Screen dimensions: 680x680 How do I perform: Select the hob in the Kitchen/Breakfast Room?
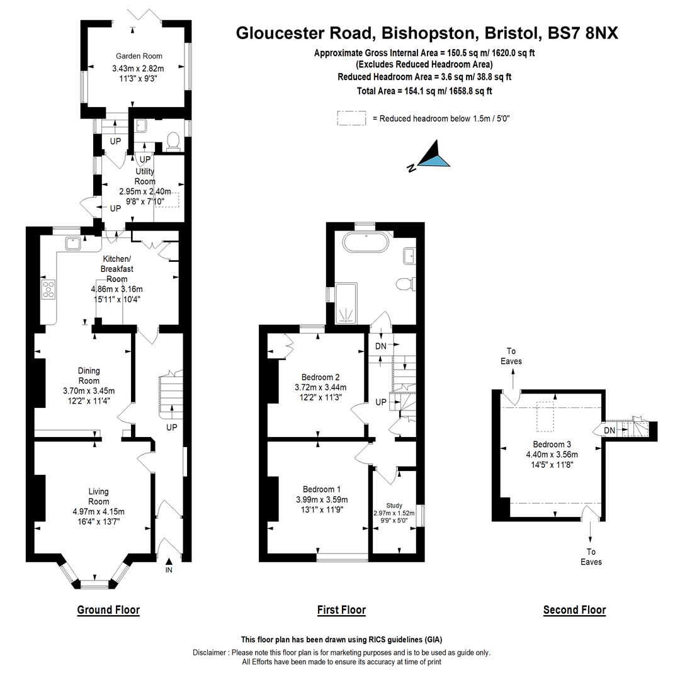pos(48,289)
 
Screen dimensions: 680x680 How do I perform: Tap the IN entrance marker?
pos(169,570)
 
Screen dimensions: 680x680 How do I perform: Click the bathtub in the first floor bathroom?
pos(366,242)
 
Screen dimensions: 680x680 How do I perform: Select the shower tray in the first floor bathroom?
pos(345,303)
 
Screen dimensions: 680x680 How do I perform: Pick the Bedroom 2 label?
pos(320,377)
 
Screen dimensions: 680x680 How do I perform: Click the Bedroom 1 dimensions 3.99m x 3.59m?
pos(322,500)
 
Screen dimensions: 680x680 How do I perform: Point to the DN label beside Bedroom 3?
pos(609,430)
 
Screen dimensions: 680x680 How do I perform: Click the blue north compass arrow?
pos(435,158)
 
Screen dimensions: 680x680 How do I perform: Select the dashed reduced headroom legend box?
pos(351,118)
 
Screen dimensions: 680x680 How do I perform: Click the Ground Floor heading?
pos(108,609)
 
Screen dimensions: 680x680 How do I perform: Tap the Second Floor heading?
pos(574,609)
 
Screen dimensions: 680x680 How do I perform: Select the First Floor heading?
pos(341,609)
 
